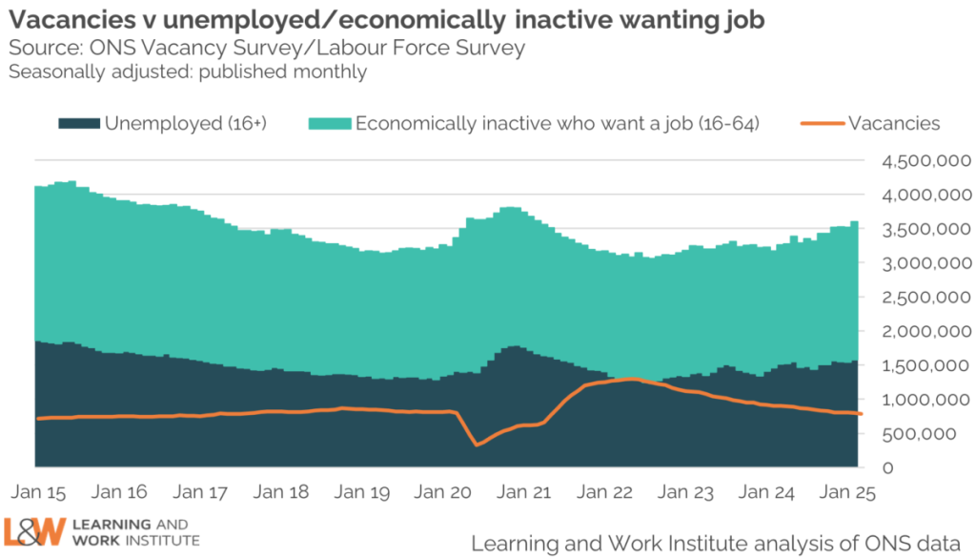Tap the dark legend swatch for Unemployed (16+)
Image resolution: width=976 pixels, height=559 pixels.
point(78,123)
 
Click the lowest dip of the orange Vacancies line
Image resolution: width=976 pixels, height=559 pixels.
point(478,444)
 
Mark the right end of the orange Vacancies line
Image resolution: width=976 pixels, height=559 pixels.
point(862,414)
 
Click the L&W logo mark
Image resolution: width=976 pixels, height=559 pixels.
point(34,532)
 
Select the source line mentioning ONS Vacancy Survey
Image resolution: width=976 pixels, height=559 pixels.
point(267,48)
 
